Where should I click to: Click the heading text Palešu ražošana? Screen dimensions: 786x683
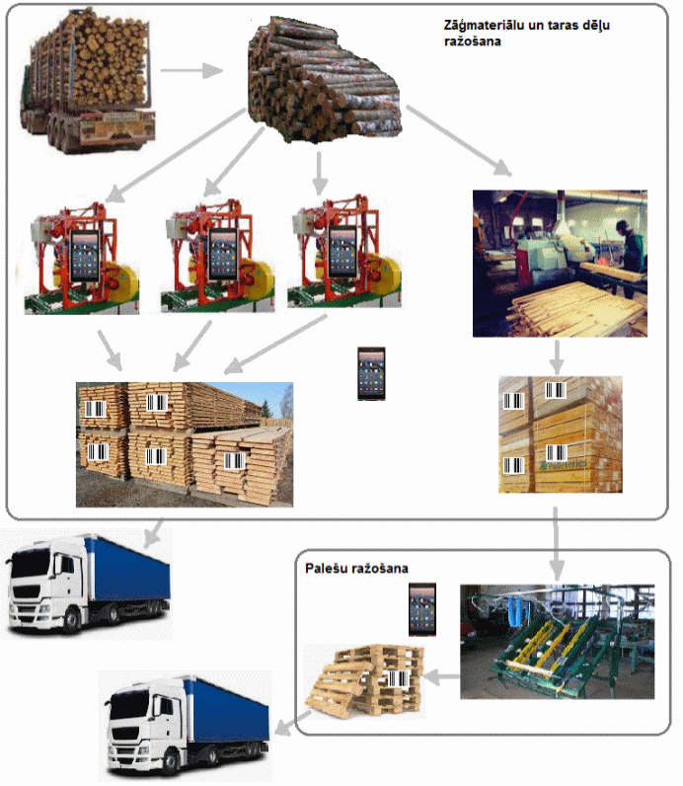[356, 569]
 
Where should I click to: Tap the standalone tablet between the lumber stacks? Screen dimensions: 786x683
[371, 373]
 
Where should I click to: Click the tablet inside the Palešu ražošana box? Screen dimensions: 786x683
[422, 609]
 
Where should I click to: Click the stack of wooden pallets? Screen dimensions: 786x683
[364, 681]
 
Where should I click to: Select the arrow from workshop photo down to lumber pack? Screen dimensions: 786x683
[558, 355]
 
